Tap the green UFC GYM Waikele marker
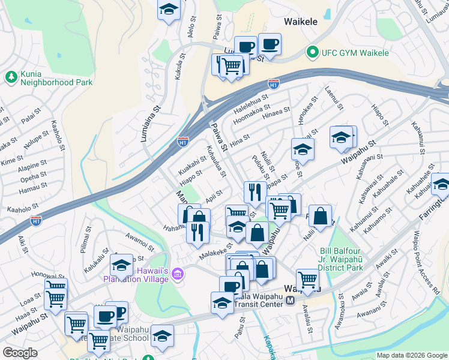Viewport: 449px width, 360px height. pyautogui.click(x=311, y=53)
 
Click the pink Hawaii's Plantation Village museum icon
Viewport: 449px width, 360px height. pyautogui.click(x=177, y=275)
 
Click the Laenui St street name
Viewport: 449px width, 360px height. pyautogui.click(x=334, y=98)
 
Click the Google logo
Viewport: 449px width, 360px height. pyautogui.click(x=20, y=353)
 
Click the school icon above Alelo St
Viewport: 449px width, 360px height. pyautogui.click(x=169, y=10)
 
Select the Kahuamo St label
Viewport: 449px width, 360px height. pyautogui.click(x=385, y=214)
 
